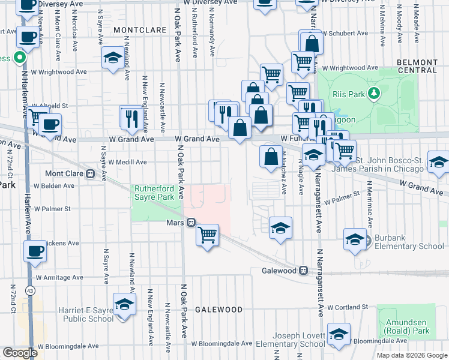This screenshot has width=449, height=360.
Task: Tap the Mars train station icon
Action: [191, 223]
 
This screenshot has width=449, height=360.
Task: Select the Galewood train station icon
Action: [304, 271]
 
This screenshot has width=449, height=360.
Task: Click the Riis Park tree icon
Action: [375, 93]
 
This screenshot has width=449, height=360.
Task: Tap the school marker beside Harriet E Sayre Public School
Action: [124, 305]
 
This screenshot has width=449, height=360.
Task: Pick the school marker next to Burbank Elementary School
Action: [355, 239]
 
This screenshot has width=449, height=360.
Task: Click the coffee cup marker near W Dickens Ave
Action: [35, 250]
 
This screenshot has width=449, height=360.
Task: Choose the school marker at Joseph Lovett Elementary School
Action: [339, 334]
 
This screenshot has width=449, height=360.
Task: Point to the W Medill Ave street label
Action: [127, 162]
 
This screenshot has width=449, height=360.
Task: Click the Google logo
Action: [20, 353]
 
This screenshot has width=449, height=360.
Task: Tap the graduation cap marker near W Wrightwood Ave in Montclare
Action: [112, 58]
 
